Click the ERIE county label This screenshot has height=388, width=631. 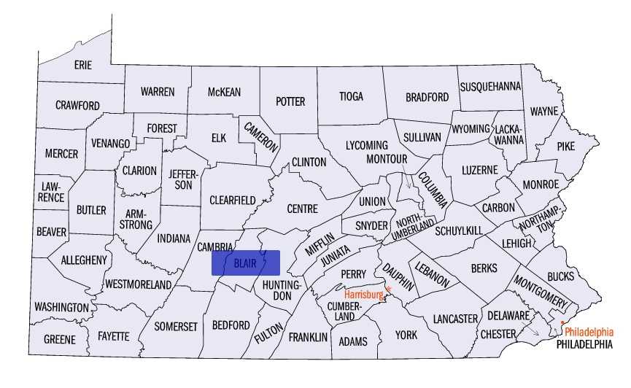point(83,65)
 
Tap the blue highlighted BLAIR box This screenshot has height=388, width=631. point(245,263)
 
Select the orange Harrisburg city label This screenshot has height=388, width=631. point(363,295)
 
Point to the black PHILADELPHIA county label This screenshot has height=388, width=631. point(584,344)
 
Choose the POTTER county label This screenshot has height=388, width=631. point(290,101)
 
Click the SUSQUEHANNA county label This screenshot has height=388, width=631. point(490,86)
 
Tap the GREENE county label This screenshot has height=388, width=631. point(60,339)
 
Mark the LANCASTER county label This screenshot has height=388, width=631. point(454,319)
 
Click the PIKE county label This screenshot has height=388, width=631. point(566,146)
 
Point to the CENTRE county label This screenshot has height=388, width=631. point(302,209)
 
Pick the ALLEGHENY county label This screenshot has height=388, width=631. point(84,260)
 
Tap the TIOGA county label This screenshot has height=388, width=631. point(351,96)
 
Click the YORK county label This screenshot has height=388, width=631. point(407,335)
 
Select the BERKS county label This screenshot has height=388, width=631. point(484,268)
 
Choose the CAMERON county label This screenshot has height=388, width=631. point(261,136)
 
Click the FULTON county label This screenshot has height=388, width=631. point(268,333)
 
